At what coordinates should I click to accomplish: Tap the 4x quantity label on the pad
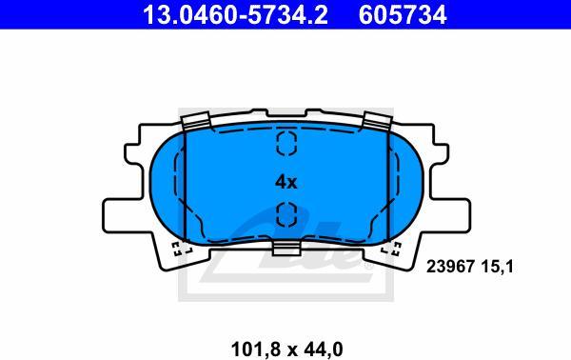(285, 182)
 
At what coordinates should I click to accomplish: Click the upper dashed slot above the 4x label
(285, 145)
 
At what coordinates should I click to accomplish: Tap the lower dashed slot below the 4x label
(285, 215)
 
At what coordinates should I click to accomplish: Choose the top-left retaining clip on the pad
(195, 122)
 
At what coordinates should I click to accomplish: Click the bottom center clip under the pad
(285, 249)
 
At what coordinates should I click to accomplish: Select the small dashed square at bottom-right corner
(390, 251)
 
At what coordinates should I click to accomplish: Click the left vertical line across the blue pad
(185, 186)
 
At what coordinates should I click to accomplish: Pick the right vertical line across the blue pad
(386, 186)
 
